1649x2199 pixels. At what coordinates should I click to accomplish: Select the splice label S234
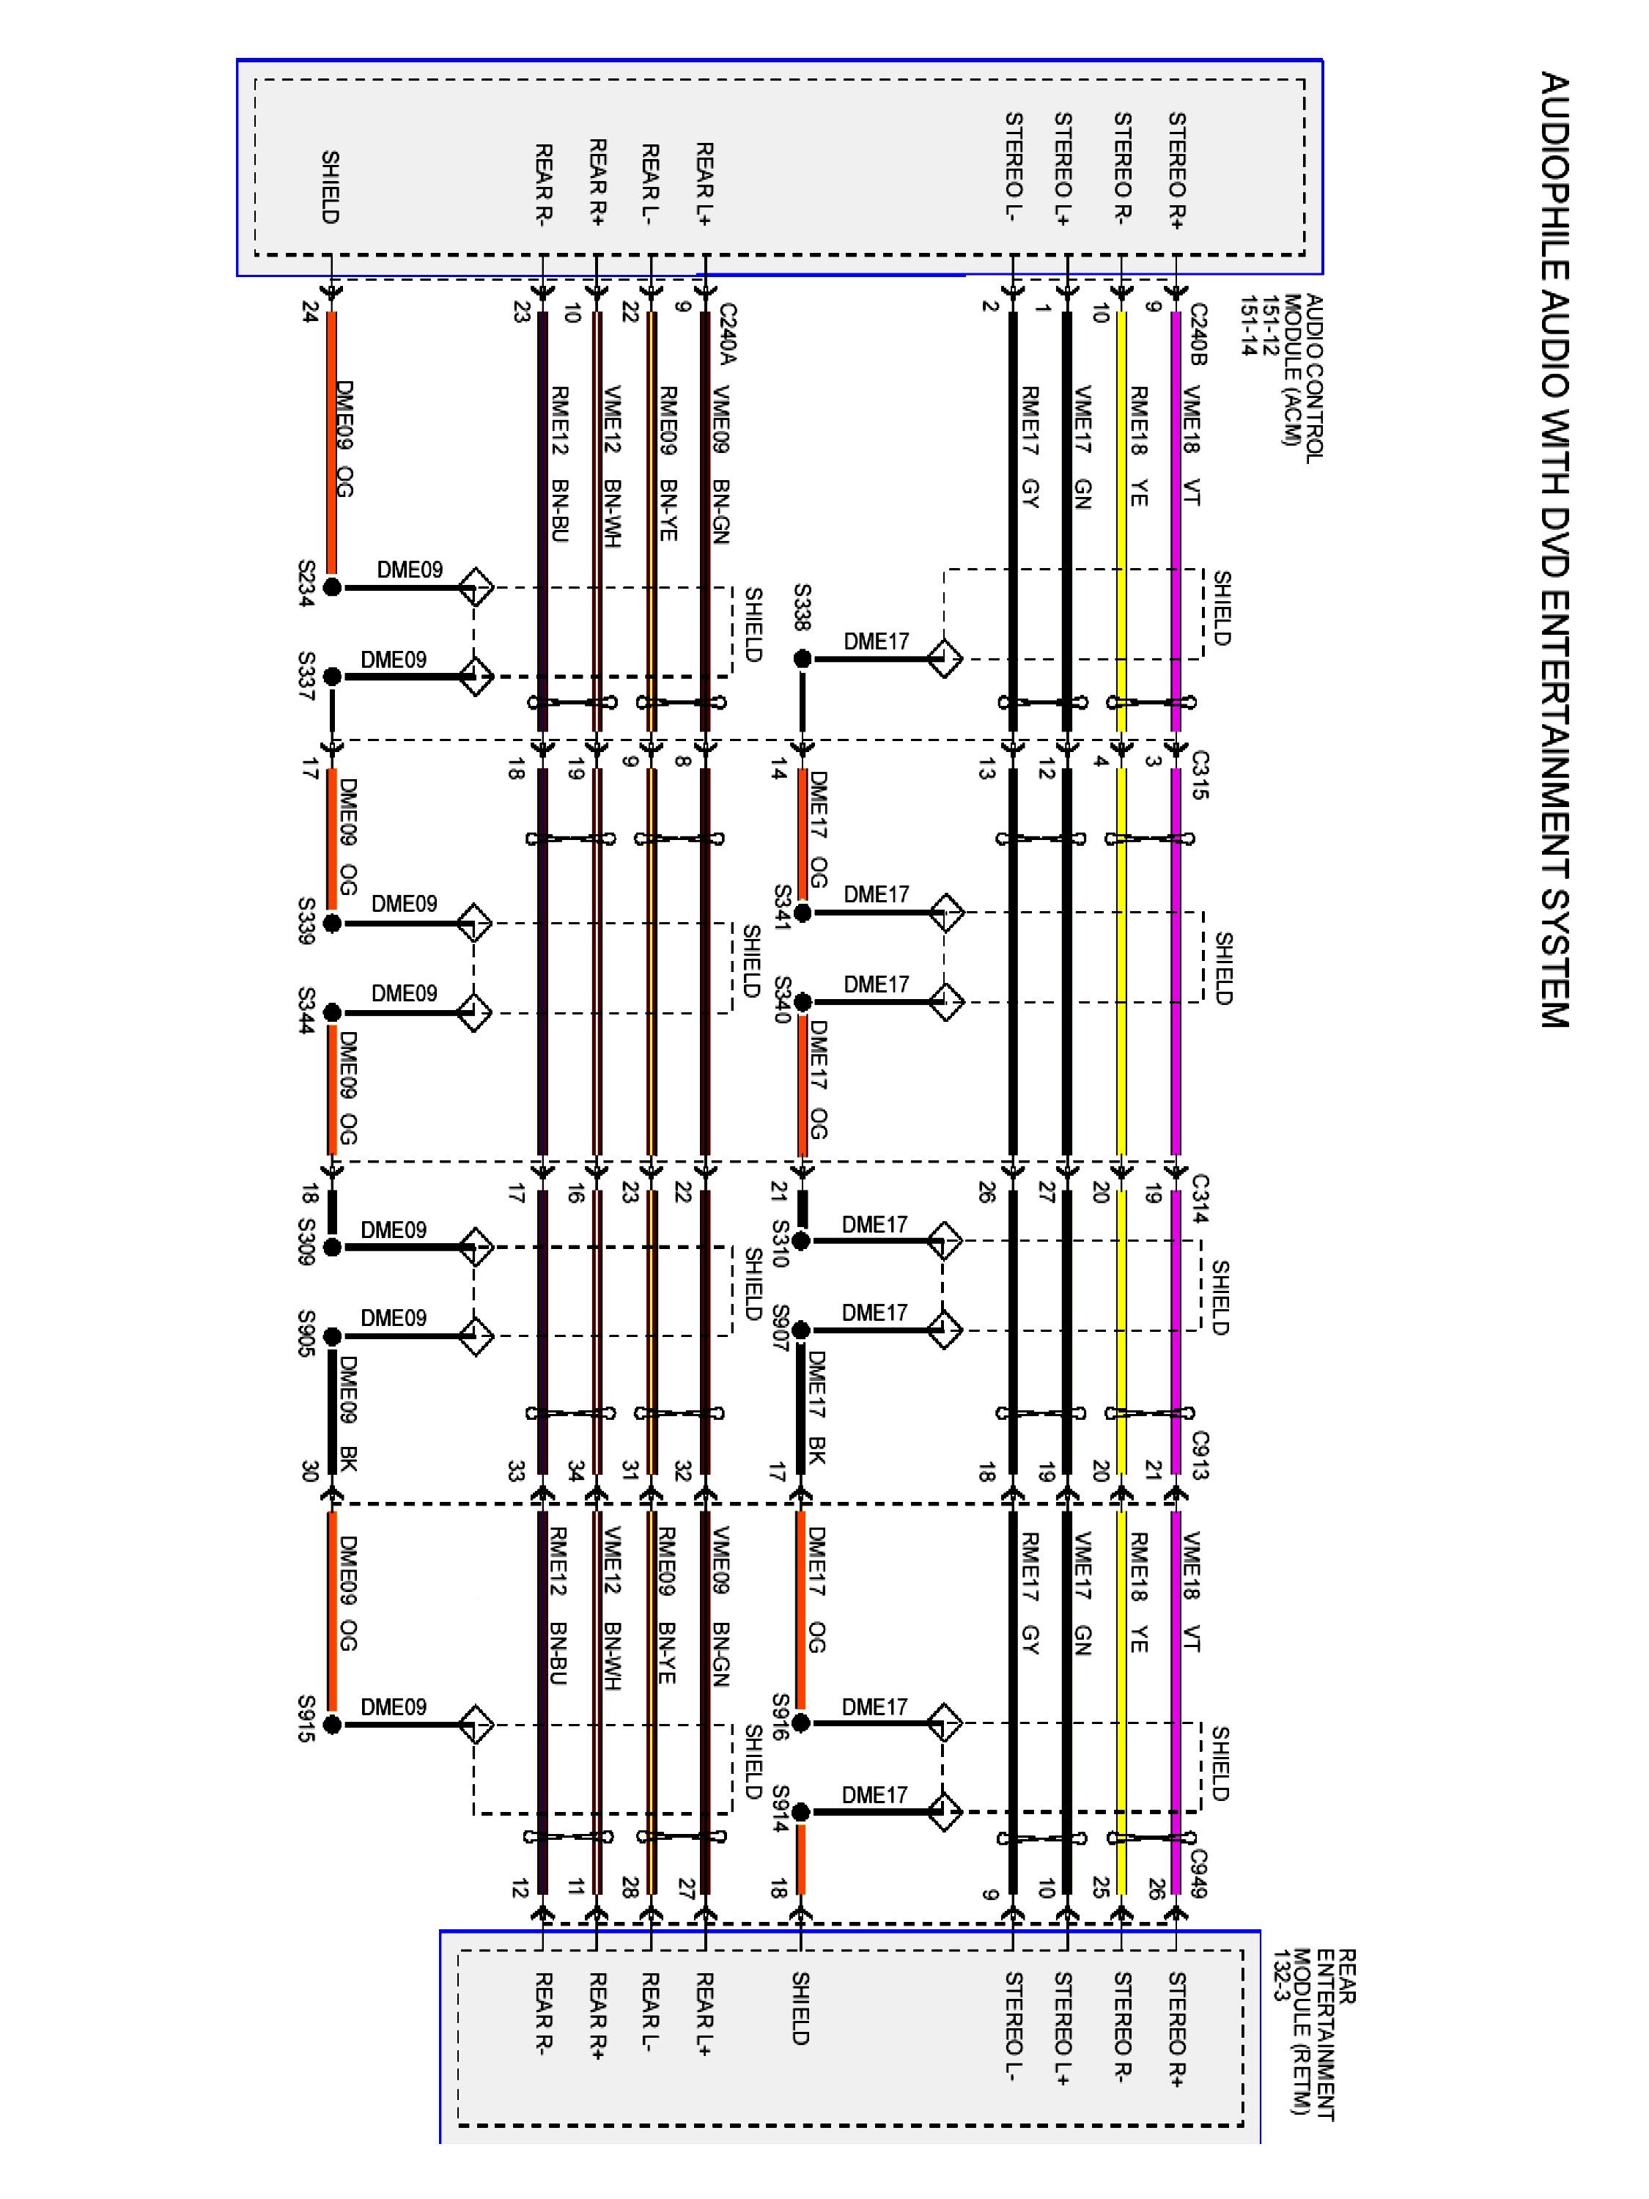point(306,583)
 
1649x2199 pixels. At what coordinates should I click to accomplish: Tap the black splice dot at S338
point(802,659)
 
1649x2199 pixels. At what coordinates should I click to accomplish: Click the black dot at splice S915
point(332,1725)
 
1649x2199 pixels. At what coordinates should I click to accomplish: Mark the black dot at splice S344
point(332,1013)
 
